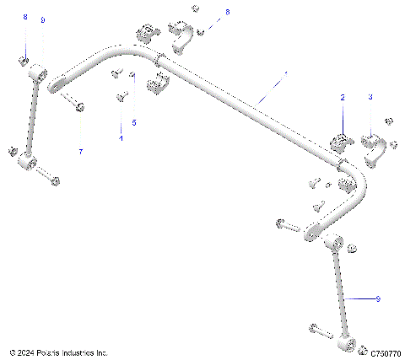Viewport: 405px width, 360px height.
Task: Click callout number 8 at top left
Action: [x=25, y=18]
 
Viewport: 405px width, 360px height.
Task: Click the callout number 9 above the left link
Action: [x=43, y=19]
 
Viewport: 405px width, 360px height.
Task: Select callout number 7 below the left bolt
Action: [x=81, y=152]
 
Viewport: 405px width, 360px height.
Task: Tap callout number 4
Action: [x=121, y=137]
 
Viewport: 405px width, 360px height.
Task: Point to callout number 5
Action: [x=133, y=123]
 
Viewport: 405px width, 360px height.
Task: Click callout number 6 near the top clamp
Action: [x=227, y=12]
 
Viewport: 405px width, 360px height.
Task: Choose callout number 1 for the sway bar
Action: [x=285, y=74]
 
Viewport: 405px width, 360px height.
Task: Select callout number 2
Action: [x=343, y=98]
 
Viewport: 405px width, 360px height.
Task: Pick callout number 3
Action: [x=370, y=98]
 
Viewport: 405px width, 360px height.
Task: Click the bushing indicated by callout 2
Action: [x=341, y=142]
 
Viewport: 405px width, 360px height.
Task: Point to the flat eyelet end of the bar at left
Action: [x=59, y=83]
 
